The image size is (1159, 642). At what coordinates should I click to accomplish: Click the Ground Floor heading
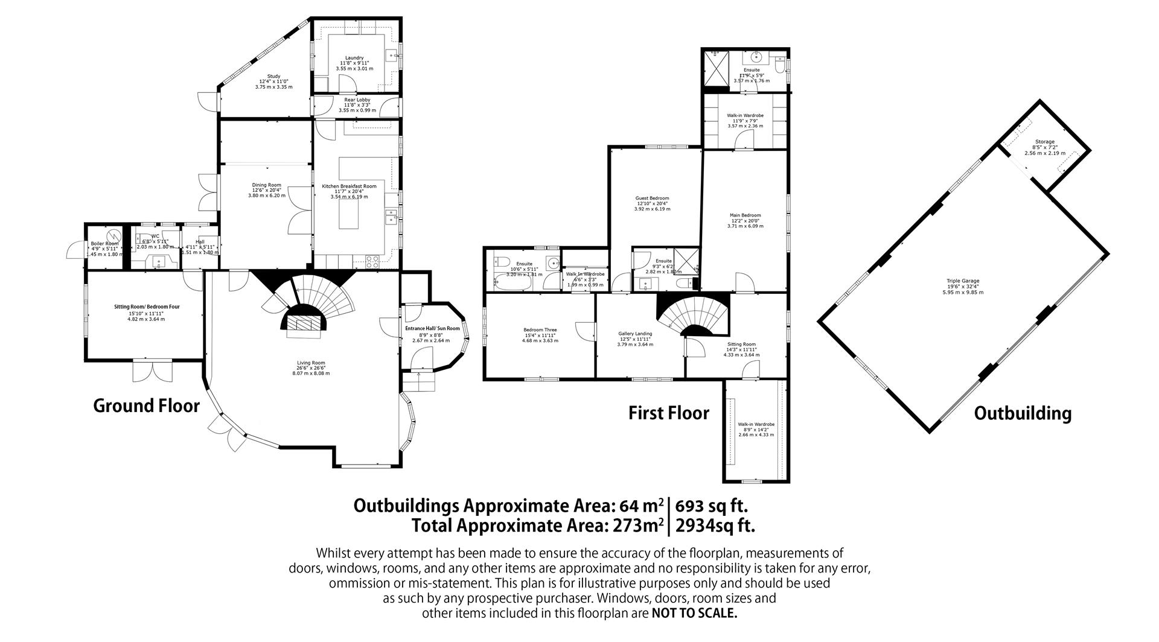[146, 405]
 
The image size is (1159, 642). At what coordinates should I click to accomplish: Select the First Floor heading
[668, 413]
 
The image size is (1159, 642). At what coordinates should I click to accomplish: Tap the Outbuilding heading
[1023, 413]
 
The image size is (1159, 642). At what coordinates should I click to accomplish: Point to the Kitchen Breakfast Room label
[353, 186]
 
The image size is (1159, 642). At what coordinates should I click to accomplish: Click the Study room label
[273, 76]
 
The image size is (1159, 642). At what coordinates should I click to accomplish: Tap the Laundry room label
[354, 58]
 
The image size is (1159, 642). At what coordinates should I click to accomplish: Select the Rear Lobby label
[357, 100]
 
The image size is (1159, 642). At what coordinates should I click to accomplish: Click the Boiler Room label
[104, 244]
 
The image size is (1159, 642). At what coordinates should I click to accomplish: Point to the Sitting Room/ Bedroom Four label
[147, 307]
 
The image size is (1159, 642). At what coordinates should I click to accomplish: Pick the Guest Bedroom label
[652, 199]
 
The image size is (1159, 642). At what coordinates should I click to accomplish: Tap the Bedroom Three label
[540, 330]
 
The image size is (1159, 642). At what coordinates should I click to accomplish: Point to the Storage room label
[1044, 142]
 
